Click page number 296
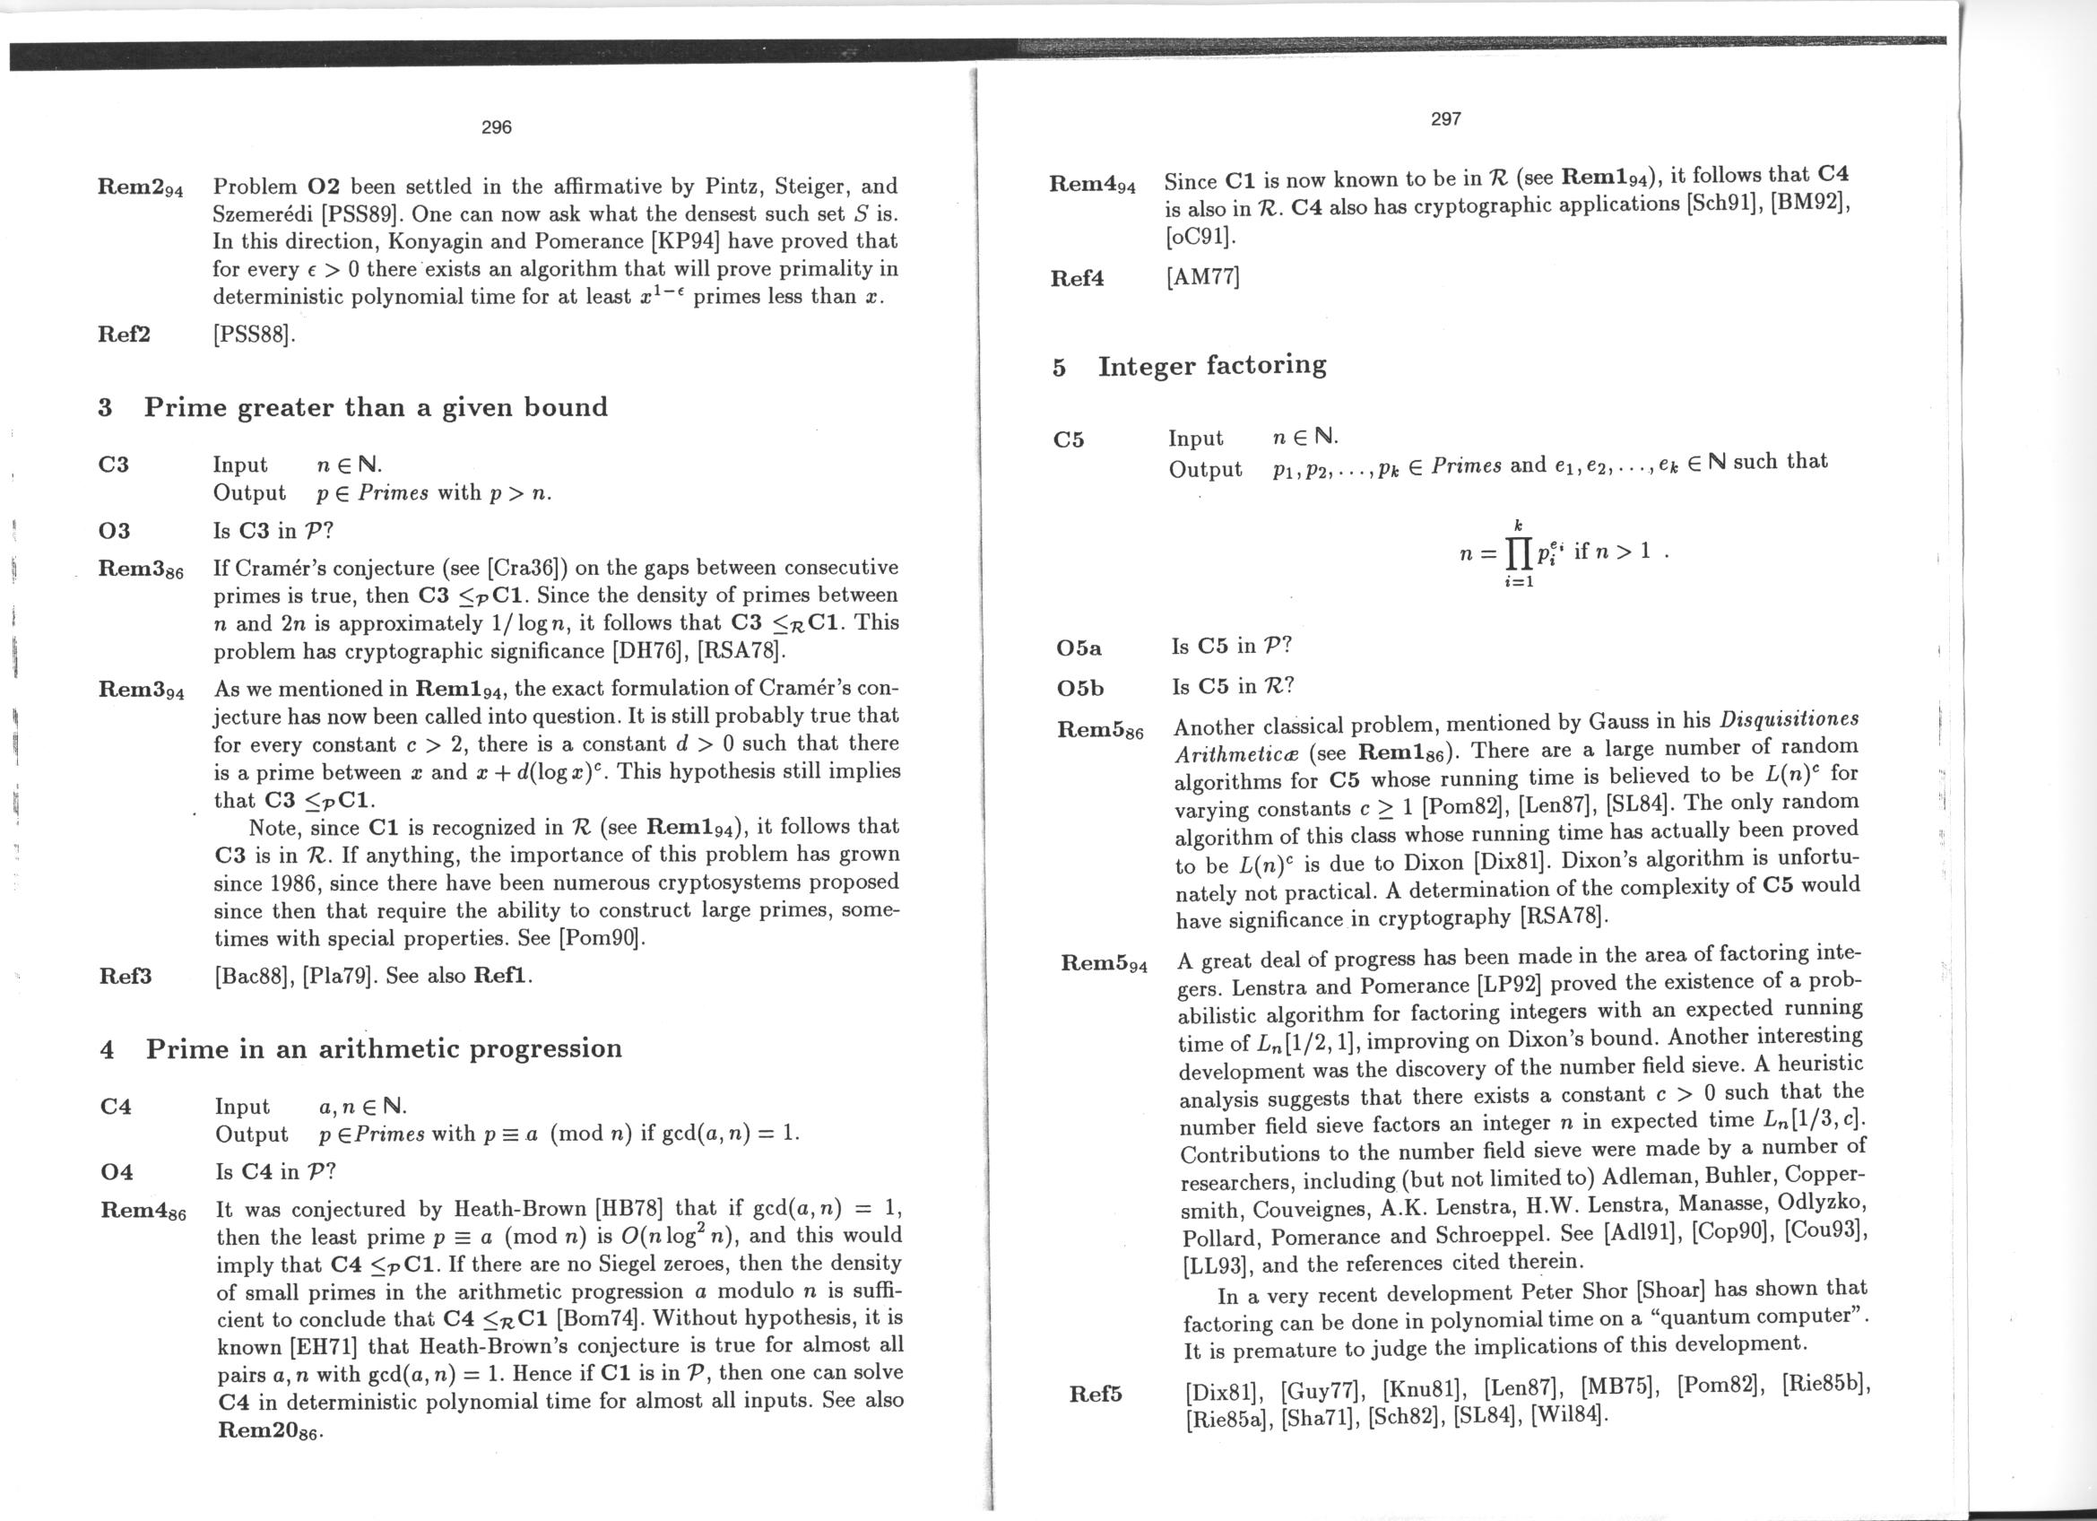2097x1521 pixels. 497,127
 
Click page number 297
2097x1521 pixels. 1445,119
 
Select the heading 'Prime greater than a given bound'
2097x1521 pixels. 376,407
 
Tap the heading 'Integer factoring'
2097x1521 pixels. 1211,365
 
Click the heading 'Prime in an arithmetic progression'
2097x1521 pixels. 384,1048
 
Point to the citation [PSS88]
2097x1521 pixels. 255,334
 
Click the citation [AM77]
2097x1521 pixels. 1202,276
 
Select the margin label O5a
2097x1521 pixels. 1079,648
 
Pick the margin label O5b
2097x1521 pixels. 1079,688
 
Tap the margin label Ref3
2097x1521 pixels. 125,977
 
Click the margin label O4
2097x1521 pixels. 117,1172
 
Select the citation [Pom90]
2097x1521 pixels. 600,937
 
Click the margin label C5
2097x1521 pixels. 1068,440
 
